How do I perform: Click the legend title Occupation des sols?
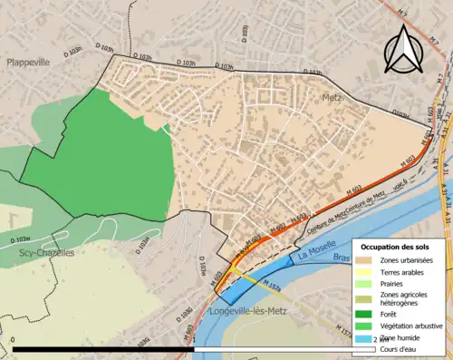396,247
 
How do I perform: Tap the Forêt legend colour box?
367,314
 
